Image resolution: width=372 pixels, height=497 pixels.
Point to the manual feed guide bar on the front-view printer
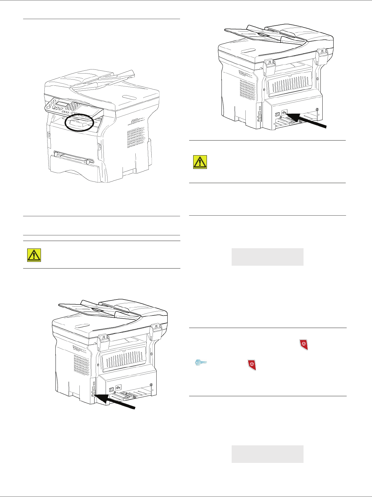pyautogui.click(x=73, y=156)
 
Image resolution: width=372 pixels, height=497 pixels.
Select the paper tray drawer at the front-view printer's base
pyautogui.click(x=73, y=171)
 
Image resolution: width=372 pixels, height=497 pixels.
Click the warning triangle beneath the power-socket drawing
pyautogui.click(x=200, y=162)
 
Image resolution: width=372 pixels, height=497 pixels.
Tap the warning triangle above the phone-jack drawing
pyautogui.click(x=34, y=255)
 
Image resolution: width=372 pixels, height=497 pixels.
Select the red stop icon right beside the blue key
pyautogui.click(x=252, y=365)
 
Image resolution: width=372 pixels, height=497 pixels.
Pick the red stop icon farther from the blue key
pyautogui.click(x=304, y=344)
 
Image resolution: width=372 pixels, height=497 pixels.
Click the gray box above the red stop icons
pyautogui.click(x=267, y=257)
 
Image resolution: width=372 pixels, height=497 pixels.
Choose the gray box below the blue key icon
pyautogui.click(x=267, y=454)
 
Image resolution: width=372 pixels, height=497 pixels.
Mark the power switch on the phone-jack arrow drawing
pyautogui.click(x=111, y=390)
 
